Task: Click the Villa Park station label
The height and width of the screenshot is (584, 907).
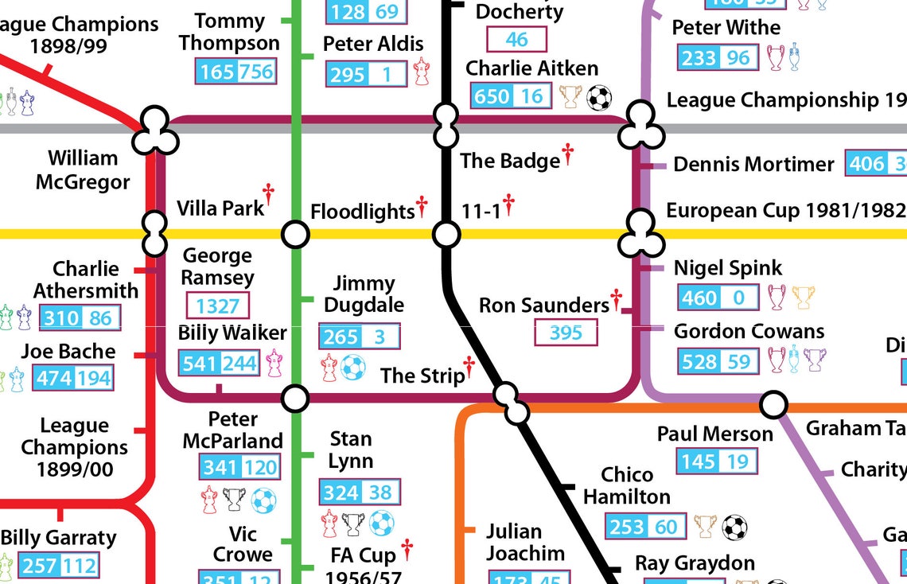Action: click(220, 208)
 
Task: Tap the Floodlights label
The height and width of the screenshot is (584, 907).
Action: click(362, 212)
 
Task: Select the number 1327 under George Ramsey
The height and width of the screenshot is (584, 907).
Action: click(217, 306)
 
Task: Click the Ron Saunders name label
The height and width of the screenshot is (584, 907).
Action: click(543, 306)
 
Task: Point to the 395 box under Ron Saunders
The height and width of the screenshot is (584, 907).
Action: click(566, 333)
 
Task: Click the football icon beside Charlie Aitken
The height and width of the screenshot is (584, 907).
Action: click(599, 98)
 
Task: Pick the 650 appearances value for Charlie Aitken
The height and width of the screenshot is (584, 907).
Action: click(491, 97)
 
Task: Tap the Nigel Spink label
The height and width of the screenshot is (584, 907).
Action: click(727, 268)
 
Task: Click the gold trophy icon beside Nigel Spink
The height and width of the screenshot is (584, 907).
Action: click(804, 298)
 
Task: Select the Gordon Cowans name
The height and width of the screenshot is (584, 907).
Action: click(749, 331)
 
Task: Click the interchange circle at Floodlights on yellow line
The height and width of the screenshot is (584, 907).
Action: click(295, 235)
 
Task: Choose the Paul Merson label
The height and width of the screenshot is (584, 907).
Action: click(714, 434)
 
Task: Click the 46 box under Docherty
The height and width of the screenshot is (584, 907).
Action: click(516, 40)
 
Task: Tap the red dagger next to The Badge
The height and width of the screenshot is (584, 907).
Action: click(567, 154)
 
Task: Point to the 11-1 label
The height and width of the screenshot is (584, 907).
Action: click(481, 211)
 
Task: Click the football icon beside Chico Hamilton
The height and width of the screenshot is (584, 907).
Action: click(734, 527)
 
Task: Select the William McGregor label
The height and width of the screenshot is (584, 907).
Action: click(83, 170)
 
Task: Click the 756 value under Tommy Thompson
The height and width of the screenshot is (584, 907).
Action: click(255, 72)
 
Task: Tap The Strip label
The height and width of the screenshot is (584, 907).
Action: click(422, 376)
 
